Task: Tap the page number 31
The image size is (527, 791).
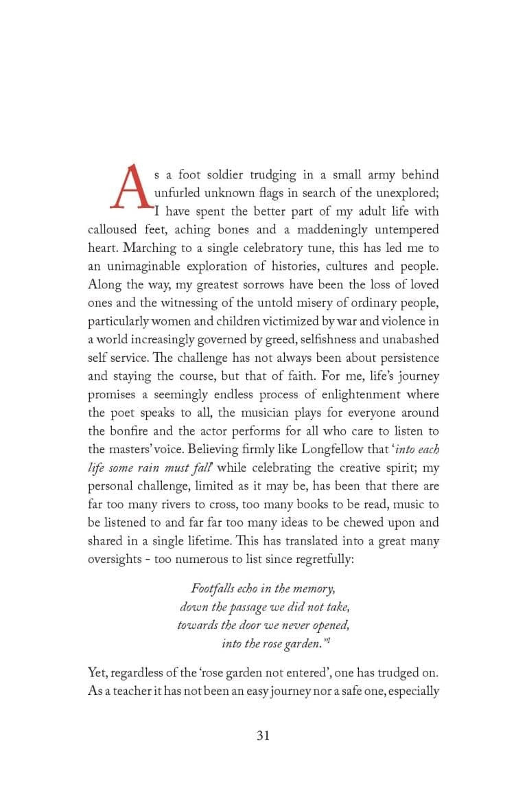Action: coord(263,735)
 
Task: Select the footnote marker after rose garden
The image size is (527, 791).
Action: coord(327,640)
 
